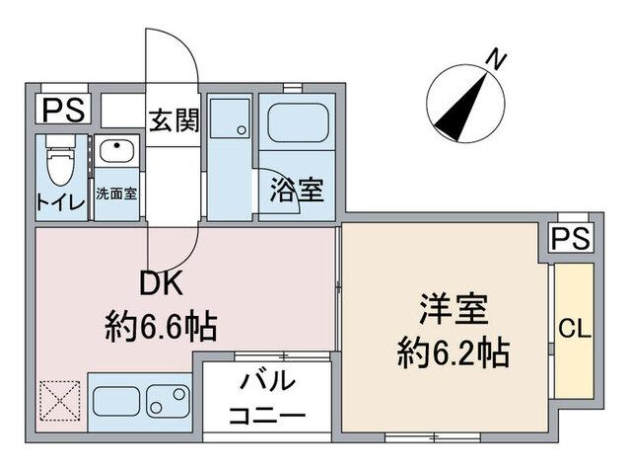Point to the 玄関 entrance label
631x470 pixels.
(175, 120)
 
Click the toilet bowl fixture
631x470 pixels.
(59, 163)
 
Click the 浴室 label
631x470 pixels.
(297, 191)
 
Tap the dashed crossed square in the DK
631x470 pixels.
(59, 403)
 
